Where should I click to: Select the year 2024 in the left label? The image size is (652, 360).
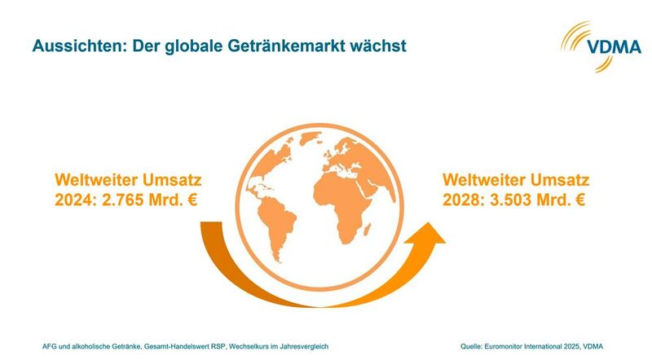tap(72, 198)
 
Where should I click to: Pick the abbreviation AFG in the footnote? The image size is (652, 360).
tap(49, 345)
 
